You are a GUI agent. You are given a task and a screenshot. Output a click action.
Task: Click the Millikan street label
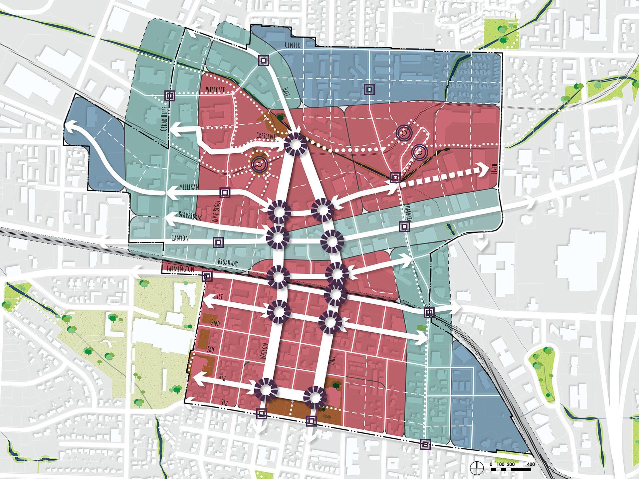pos(189,187)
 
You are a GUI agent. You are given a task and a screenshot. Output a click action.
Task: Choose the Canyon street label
pos(180,238)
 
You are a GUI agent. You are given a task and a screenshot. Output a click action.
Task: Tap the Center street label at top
pos(292,45)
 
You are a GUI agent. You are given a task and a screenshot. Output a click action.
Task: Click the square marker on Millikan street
pos(225,193)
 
